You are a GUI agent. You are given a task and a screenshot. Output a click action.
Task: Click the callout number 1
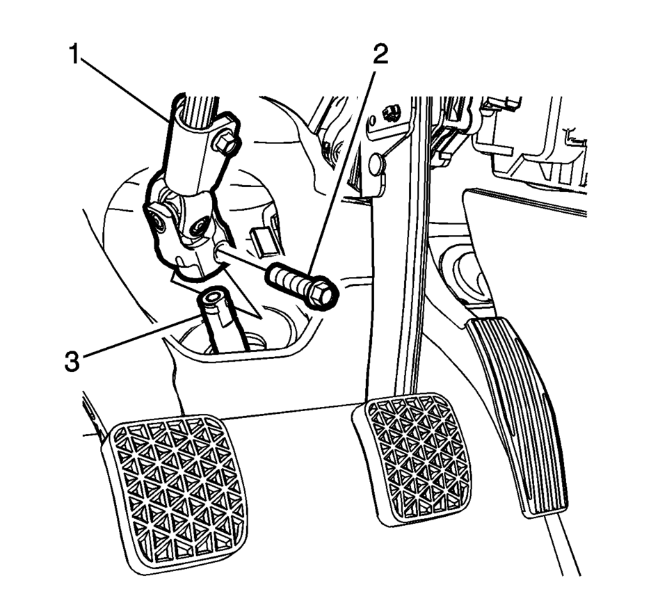pyautogui.click(x=75, y=55)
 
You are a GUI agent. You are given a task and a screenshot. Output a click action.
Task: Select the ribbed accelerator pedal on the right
pyautogui.click(x=517, y=416)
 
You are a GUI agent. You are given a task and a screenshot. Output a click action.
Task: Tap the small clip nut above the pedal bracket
pyautogui.click(x=389, y=113)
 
